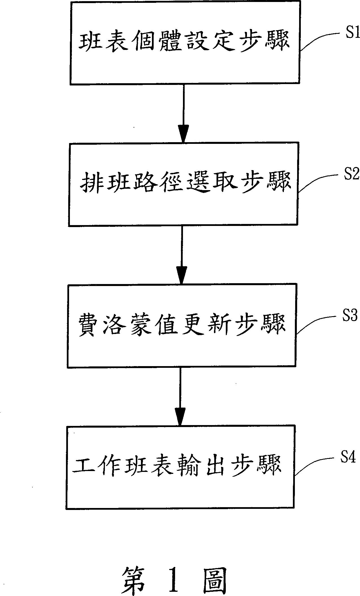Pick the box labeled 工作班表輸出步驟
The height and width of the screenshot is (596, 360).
(180, 466)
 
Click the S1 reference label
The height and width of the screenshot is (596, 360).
(352, 34)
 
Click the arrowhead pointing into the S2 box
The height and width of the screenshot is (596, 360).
(183, 135)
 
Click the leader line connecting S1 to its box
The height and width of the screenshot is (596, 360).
(319, 38)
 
